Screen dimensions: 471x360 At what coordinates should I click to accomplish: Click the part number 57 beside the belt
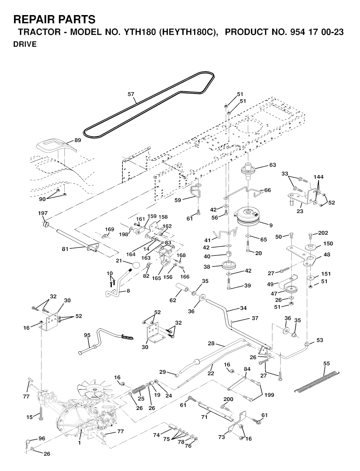(131, 94)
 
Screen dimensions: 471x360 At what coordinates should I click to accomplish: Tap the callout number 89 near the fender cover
(78, 140)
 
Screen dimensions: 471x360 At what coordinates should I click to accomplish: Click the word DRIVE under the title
(25, 45)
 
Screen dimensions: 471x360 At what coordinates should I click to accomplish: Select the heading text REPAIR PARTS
(54, 19)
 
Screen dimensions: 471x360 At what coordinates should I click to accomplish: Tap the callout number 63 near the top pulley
(272, 165)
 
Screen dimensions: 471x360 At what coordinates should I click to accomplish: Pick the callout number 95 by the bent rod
(87, 335)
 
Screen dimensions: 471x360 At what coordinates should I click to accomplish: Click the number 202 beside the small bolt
(323, 233)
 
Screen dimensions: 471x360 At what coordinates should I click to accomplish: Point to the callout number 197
(43, 213)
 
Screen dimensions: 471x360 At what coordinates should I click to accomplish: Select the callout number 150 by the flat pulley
(328, 243)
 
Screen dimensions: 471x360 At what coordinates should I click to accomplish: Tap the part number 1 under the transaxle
(79, 443)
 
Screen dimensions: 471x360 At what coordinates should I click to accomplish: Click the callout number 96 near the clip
(42, 438)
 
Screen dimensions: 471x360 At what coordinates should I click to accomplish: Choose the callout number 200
(228, 399)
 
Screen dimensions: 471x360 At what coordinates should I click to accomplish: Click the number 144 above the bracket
(319, 177)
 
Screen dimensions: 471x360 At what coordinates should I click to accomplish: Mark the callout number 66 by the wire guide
(268, 190)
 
